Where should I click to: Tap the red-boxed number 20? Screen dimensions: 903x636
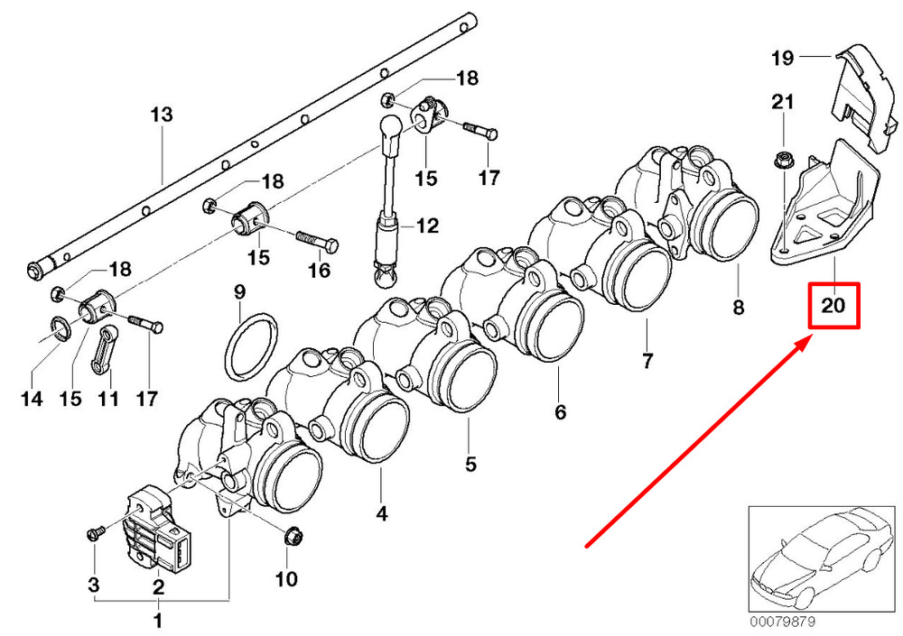click(x=833, y=305)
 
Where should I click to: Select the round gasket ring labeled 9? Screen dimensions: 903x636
click(x=250, y=347)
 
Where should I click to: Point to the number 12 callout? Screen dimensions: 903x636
click(x=428, y=226)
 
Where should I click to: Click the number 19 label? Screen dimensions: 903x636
click(x=783, y=58)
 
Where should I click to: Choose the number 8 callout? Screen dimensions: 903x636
click(x=739, y=308)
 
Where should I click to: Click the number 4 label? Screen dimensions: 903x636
click(x=382, y=513)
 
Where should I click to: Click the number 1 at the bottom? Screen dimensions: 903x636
click(x=157, y=621)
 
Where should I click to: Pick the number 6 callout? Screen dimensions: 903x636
click(x=561, y=412)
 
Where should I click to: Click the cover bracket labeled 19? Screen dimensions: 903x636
click(x=864, y=97)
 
